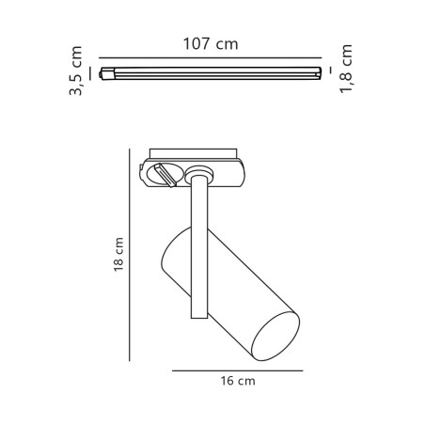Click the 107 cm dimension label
click(x=211, y=43)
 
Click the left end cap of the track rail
click(x=104, y=72)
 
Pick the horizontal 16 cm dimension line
click(x=238, y=370)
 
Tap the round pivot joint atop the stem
click(x=198, y=173)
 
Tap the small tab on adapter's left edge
click(x=144, y=173)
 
